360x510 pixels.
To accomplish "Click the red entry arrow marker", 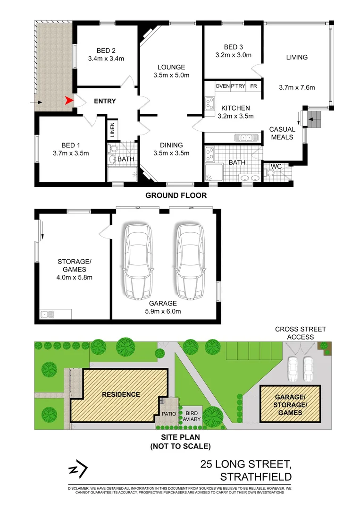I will point(69,101).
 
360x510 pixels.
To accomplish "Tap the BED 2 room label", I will point(106,51).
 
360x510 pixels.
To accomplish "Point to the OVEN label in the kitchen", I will point(222,86).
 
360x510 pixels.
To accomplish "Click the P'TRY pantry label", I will point(237,86).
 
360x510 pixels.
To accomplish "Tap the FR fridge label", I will point(254,86).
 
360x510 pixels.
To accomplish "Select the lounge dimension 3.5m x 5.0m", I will point(171,75).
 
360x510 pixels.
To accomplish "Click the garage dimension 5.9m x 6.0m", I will point(163,311).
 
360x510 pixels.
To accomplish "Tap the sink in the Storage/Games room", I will point(47,314).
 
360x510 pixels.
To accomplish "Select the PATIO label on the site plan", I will point(169,414).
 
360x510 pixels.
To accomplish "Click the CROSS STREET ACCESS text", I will point(301,333).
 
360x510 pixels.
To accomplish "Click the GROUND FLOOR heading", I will point(176,195).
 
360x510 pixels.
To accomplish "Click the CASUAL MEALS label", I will point(282,133).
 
